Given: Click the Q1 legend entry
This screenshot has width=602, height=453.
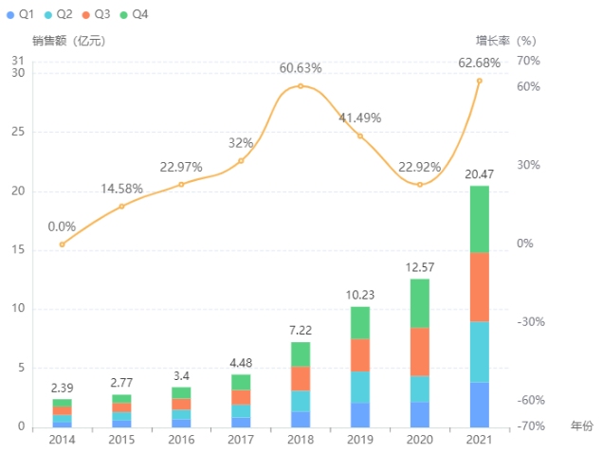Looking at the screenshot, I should point(22,14).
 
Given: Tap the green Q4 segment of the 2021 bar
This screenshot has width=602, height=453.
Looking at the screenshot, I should point(480,219).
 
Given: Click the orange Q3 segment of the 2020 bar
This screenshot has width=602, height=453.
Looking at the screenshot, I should point(420,352).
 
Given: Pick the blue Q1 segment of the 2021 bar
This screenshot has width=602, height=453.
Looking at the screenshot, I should point(480,405).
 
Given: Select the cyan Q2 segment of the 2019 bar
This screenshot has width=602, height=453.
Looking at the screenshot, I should point(360,387).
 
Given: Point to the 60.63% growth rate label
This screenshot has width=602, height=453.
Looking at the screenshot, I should point(301,68).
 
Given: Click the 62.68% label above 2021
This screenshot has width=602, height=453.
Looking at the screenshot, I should point(479,63).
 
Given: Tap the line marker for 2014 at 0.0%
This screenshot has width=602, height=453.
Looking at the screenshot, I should point(63,245).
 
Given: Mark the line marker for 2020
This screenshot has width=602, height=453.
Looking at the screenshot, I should point(420,184).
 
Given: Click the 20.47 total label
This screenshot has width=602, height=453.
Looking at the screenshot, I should point(479,173).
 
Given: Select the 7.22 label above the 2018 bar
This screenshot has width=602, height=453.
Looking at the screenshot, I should point(301,329).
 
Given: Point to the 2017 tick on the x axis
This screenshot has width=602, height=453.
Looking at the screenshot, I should point(241,440).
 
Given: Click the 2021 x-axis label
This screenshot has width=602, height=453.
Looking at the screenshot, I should point(480,440).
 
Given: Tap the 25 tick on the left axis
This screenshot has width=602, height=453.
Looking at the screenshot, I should point(18,132).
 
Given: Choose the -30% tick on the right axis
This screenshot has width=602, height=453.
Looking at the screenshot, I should point(530,321).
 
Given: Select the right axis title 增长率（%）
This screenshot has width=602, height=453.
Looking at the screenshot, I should point(505,41).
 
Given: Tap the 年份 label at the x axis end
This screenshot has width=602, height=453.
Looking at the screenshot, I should point(582,427).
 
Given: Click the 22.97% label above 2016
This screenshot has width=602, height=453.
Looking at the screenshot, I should point(181,167).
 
